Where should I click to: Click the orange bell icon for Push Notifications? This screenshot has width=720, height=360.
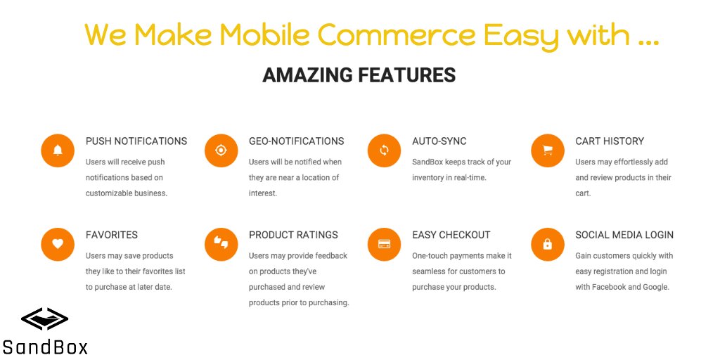point(58,150)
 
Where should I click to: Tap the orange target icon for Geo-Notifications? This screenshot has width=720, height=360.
point(221,150)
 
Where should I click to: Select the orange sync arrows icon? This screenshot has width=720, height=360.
point(384,150)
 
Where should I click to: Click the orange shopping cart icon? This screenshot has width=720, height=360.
point(547,150)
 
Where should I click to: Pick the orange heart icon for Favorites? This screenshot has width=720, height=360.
point(58,244)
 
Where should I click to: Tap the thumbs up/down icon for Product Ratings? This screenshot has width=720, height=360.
point(221,244)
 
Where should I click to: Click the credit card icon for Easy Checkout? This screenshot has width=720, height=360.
point(384,244)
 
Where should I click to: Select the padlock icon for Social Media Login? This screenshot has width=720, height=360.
point(547,244)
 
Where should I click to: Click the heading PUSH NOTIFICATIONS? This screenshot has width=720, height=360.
point(136,141)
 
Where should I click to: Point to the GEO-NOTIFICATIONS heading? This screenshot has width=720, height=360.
point(296,141)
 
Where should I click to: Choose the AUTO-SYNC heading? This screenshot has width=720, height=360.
point(439,141)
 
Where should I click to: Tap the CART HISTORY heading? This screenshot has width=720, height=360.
point(609,141)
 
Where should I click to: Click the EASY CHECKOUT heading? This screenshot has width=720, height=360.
point(451,235)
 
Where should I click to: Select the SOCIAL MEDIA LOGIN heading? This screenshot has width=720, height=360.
point(624,235)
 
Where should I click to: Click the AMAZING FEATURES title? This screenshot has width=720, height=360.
point(359,75)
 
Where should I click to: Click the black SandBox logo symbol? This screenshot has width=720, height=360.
point(44,320)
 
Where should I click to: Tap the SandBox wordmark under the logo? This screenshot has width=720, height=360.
point(45,347)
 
